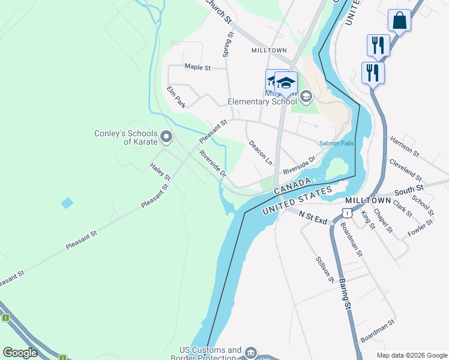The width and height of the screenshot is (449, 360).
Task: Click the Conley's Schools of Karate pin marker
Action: [x=167, y=137]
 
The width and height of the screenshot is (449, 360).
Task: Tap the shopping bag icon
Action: [x=399, y=21]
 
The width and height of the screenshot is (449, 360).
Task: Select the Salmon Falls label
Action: [x=337, y=143]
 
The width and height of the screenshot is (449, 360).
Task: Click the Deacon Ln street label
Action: [x=261, y=153]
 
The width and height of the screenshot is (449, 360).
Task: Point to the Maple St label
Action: [x=197, y=67]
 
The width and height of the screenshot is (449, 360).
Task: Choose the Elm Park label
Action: [x=176, y=97]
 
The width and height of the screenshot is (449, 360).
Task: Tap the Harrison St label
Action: [x=403, y=147]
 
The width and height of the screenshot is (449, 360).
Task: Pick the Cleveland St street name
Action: [x=406, y=170]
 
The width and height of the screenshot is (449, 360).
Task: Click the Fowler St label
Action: [x=420, y=228]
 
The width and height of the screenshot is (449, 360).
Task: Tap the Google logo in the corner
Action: [x=20, y=353]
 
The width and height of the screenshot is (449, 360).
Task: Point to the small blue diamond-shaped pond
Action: [x=67, y=203]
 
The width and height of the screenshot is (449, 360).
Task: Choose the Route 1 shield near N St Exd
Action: [x=346, y=213]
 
